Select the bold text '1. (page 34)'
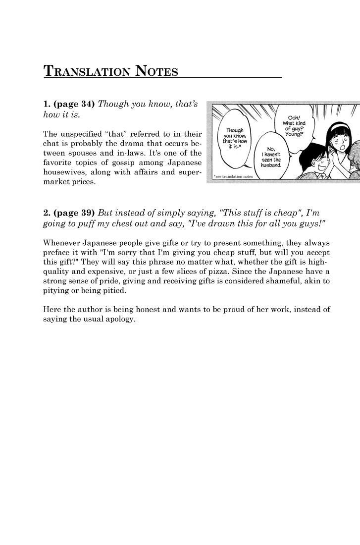(69, 104)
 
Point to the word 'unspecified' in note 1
(89, 134)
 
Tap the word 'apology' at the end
(120, 320)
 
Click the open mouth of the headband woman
(338, 146)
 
